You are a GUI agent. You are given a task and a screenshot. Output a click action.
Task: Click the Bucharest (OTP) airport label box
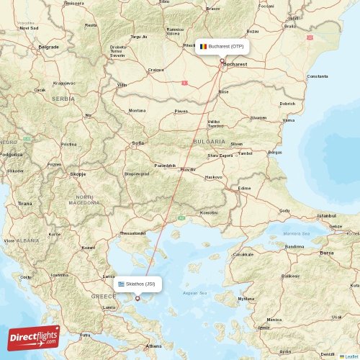(222, 46)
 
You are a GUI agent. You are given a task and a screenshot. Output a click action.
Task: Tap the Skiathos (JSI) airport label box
(137, 284)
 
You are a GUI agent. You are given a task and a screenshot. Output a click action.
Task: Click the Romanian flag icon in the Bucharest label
(203, 46)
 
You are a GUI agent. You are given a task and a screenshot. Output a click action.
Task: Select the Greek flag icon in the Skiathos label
(121, 284)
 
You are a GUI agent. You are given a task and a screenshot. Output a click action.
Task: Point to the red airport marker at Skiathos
(138, 298)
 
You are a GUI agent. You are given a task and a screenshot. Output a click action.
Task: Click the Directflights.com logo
(33, 337)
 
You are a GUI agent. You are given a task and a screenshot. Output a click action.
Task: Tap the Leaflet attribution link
(349, 356)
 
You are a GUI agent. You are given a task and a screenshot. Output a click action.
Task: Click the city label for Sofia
(138, 143)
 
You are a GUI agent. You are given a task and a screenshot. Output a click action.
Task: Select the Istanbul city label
(327, 215)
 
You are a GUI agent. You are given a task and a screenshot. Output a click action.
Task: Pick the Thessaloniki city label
(132, 233)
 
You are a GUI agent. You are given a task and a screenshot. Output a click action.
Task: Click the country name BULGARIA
(209, 142)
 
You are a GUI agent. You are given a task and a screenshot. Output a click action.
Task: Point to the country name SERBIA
(63, 99)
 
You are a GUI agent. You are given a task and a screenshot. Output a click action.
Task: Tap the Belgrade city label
(48, 47)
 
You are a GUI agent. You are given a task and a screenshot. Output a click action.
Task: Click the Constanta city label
(317, 76)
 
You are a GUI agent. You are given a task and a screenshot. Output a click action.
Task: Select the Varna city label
(288, 120)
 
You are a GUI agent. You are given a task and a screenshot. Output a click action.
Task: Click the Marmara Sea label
(295, 233)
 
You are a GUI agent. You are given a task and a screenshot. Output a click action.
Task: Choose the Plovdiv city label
(187, 169)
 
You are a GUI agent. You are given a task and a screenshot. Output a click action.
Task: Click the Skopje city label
(77, 174)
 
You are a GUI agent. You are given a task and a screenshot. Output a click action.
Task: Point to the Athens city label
(153, 346)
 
